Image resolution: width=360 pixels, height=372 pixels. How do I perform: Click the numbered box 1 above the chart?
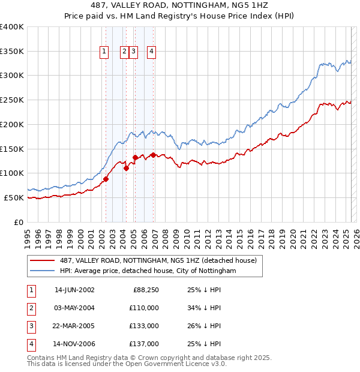(104, 52)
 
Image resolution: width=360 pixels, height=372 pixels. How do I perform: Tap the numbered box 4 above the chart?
(152, 52)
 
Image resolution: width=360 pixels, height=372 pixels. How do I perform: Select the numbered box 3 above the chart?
(133, 52)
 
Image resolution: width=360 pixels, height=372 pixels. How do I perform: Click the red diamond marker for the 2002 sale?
(106, 179)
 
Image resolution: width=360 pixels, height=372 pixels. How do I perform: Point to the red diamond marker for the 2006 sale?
(154, 155)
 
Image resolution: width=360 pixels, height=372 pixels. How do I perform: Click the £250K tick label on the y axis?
(12, 100)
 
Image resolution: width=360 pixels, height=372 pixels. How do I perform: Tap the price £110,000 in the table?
(145, 307)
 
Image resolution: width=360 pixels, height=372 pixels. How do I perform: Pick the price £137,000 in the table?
(145, 344)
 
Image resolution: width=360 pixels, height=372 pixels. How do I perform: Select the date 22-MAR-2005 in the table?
(74, 326)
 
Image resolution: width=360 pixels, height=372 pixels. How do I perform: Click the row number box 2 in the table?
(30, 307)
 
